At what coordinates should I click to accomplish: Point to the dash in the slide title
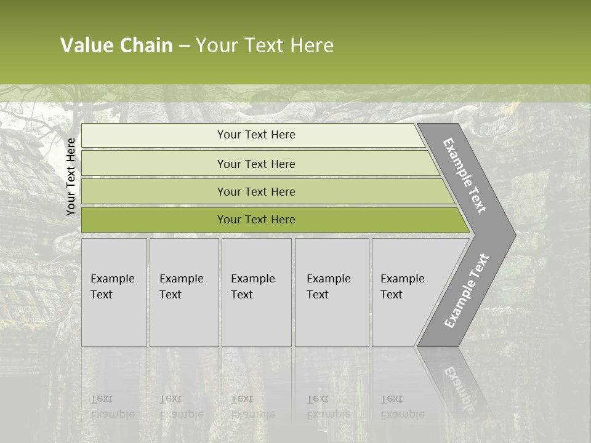tap(184, 46)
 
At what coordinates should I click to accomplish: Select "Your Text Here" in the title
tap(265, 46)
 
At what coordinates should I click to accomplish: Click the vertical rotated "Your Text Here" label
tap(71, 177)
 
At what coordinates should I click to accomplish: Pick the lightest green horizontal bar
tap(256, 135)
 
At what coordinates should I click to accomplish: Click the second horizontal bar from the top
tap(256, 164)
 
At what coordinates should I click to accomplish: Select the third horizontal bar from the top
tap(256, 191)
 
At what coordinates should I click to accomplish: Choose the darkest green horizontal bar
tap(256, 220)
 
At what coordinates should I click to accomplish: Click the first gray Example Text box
tap(114, 292)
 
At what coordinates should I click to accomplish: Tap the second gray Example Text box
tap(184, 292)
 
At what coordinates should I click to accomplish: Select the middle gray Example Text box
tap(256, 292)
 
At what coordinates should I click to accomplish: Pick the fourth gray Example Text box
tap(332, 292)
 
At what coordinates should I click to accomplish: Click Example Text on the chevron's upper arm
tap(465, 176)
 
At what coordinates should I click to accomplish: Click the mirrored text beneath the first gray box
tap(113, 407)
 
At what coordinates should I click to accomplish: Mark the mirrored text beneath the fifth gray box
tap(402, 407)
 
